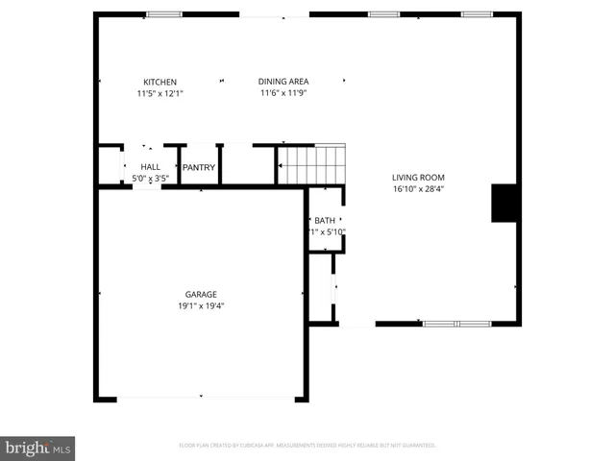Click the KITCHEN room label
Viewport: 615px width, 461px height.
(x=160, y=82)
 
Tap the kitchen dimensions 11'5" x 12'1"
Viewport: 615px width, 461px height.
(x=160, y=93)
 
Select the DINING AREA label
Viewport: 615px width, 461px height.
(x=283, y=82)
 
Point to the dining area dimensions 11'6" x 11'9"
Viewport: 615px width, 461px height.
(x=283, y=93)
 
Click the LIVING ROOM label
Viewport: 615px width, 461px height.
(x=418, y=177)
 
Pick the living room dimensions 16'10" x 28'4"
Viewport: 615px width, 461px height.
(x=418, y=188)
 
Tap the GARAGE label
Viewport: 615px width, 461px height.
(x=201, y=294)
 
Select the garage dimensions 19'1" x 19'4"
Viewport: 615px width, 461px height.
(x=201, y=305)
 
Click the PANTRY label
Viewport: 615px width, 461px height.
(x=199, y=167)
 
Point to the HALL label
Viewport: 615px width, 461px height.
(x=151, y=167)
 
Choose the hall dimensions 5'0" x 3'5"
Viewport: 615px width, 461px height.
(x=151, y=179)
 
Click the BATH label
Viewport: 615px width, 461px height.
(x=325, y=221)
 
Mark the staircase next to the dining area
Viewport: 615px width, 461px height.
(x=311, y=164)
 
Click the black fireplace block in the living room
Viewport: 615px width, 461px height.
(x=505, y=203)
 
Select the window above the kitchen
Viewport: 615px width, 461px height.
(x=164, y=14)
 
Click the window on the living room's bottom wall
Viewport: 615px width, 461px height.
(x=456, y=324)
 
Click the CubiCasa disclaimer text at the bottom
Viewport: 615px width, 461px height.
(x=307, y=446)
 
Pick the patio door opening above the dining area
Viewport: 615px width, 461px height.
(x=274, y=14)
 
